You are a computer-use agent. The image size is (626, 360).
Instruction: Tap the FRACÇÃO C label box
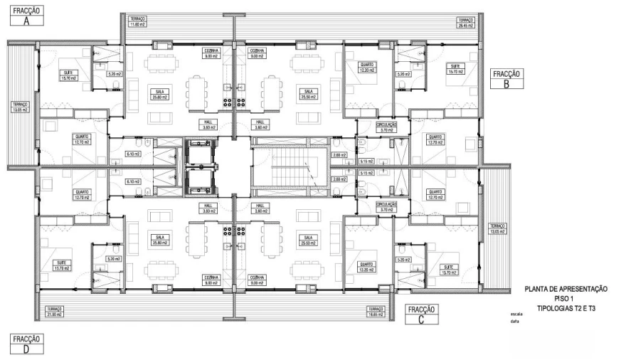coord(422,314)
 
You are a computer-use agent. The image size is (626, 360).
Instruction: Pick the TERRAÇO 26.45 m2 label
coord(466,23)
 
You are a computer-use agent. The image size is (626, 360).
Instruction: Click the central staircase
coord(290,169)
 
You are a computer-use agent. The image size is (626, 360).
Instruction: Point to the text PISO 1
coord(565,299)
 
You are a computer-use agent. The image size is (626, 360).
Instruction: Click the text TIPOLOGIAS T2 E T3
coord(565,309)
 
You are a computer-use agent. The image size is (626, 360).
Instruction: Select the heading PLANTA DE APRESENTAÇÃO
coord(565,289)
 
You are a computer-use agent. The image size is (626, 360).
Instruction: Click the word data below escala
coord(514,321)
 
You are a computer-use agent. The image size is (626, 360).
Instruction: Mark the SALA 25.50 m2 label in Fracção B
coord(308,94)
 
